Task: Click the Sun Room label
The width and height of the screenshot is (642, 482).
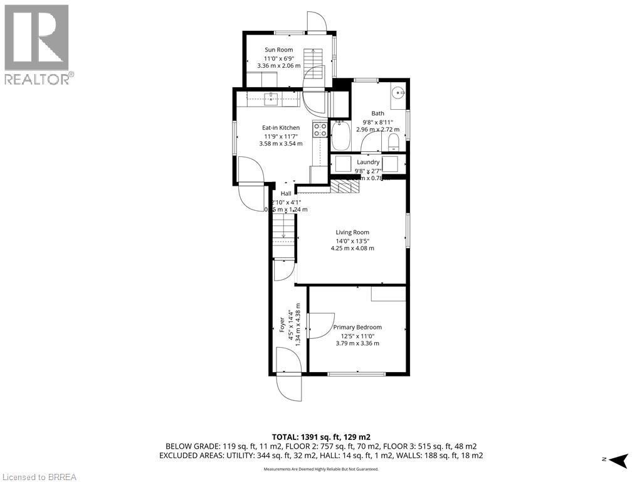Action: point(278,50)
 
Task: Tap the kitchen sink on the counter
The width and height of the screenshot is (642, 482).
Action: point(271,97)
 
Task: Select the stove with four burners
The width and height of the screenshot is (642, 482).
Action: point(320,130)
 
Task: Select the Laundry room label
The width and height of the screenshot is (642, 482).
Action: point(368,162)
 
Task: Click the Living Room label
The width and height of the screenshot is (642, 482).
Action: point(352,232)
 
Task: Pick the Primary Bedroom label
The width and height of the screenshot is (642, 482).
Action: point(357,327)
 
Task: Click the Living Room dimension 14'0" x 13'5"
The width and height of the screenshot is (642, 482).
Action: point(352,240)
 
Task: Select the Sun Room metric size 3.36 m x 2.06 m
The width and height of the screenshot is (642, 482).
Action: point(278,65)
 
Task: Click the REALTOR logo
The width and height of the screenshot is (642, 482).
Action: point(37,44)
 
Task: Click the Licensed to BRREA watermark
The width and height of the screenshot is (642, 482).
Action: point(39,476)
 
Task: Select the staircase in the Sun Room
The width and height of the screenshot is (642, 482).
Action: point(313,63)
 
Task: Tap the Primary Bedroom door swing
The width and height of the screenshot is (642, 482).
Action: point(320,326)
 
